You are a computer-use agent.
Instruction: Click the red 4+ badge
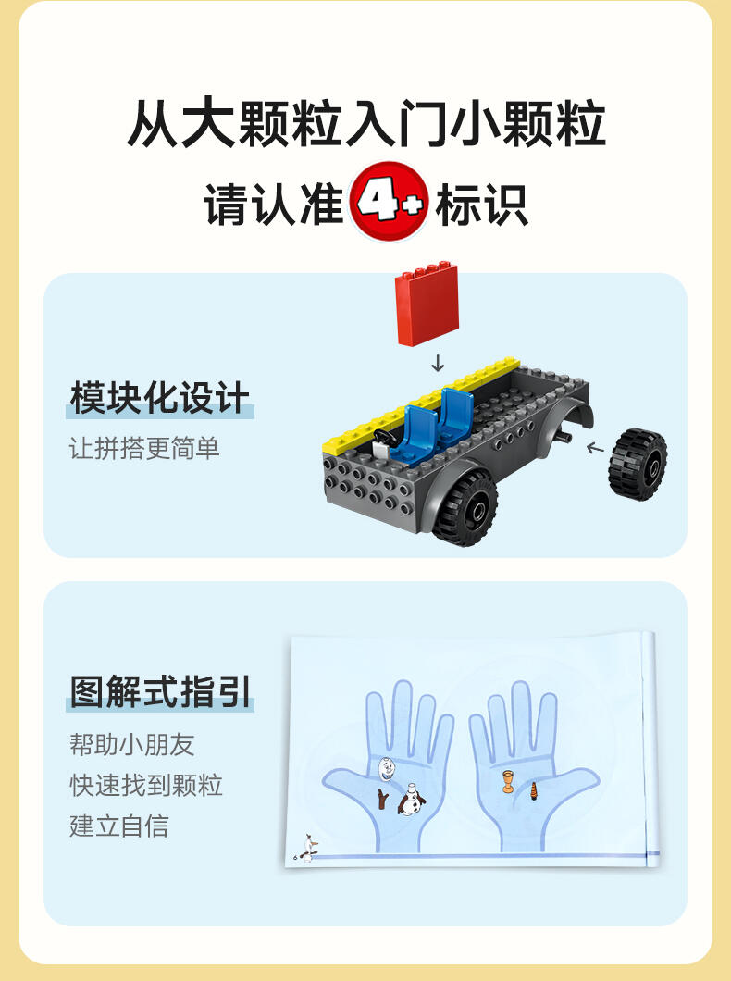point(389,202)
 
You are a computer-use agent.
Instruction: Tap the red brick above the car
point(427,304)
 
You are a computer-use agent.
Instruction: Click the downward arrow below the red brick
point(438,363)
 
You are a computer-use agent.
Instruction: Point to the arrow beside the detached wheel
point(595,447)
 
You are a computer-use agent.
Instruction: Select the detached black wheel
point(638,464)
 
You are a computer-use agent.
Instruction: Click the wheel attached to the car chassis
point(465,507)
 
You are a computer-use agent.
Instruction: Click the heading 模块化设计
point(160,397)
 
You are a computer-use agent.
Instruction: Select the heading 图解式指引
point(160,691)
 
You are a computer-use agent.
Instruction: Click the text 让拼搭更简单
point(144,448)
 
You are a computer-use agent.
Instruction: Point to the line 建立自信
point(118,826)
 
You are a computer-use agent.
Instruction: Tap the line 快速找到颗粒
point(145,785)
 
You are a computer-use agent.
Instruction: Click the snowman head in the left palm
point(386,768)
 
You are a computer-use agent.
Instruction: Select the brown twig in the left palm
point(382,799)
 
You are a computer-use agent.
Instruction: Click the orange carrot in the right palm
point(533,790)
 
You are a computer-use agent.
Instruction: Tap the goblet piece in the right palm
point(508,782)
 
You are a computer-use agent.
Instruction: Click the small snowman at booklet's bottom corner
point(308,847)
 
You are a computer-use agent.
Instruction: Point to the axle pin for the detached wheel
point(563,437)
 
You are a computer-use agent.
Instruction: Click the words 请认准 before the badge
point(273,204)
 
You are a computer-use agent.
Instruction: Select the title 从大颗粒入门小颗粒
point(365,124)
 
